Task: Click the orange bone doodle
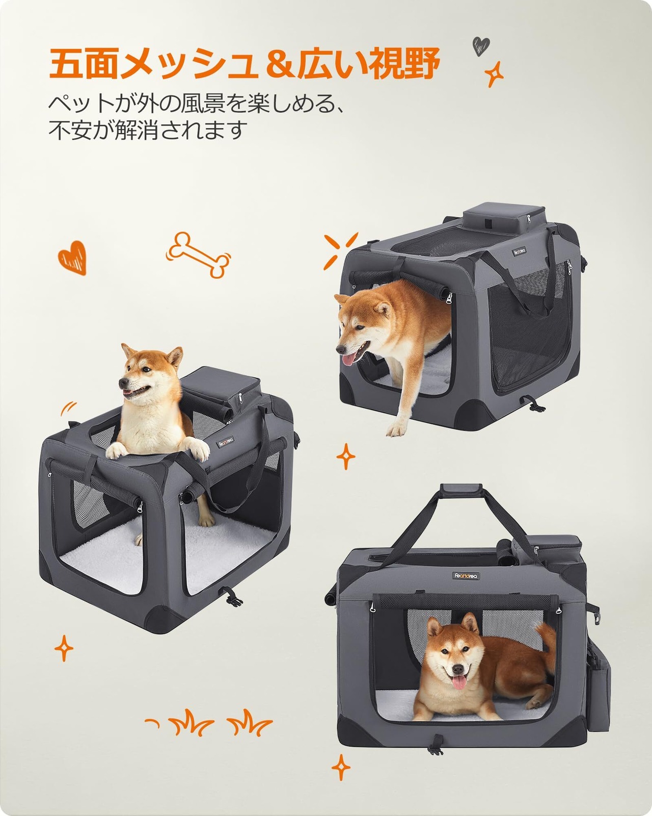[x=199, y=255]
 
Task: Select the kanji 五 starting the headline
[x=66, y=63]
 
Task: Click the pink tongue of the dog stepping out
[x=349, y=359]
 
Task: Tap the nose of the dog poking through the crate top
[x=123, y=384]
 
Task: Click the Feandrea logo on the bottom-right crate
[x=466, y=576]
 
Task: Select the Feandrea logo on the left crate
[x=226, y=443]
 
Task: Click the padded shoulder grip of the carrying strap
[x=460, y=489]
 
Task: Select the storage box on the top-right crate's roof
[x=504, y=219]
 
